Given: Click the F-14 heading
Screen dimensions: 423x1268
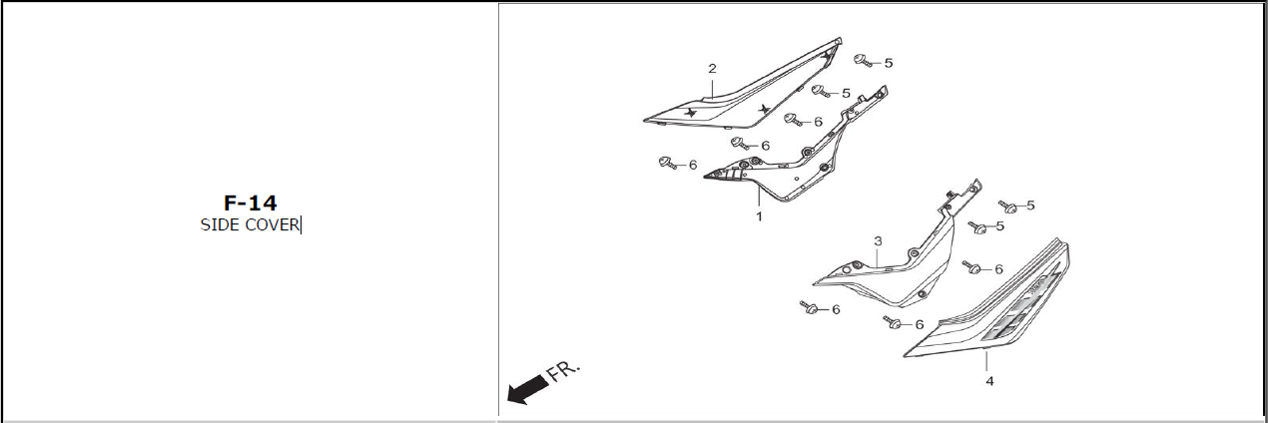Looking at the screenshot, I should coord(250,204).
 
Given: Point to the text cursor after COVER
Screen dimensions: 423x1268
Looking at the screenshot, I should coord(301,225).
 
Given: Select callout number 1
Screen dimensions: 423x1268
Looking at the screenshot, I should coord(759,216).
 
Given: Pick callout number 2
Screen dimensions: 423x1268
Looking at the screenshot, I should coord(712,69).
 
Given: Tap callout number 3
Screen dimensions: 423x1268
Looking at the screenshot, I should coord(878,241).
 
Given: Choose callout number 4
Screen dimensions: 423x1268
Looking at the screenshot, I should coord(989,381).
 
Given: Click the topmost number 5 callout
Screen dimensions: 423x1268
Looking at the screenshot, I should coord(888,62).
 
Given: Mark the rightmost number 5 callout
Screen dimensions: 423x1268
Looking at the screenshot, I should coord(1030,206).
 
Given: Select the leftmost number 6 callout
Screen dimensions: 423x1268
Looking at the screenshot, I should coord(693,165).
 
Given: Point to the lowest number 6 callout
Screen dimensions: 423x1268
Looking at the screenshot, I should coord(919,324).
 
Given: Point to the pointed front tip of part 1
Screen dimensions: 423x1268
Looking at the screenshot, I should coord(707,176).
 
